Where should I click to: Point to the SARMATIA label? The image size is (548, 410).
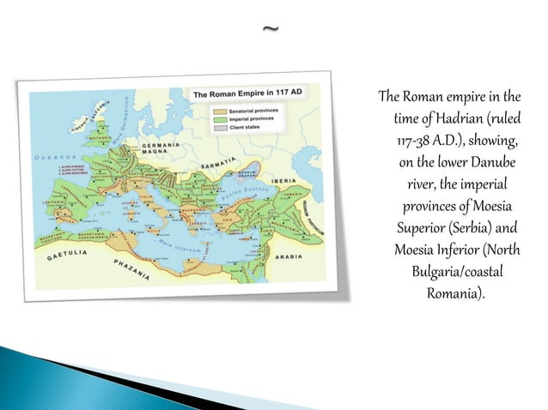tap(220, 160)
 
